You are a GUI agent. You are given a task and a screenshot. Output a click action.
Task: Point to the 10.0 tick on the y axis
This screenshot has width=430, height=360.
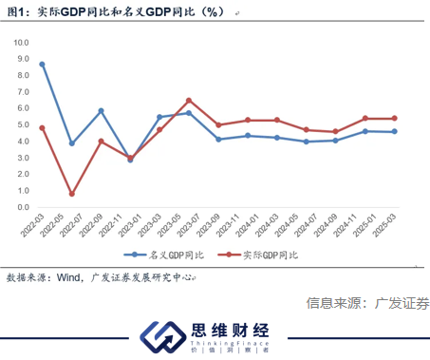click(x=20, y=43)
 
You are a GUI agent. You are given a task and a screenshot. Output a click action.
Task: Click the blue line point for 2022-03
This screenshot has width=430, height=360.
click(x=43, y=65)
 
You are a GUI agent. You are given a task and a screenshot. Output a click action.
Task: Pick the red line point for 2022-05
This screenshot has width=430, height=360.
click(x=72, y=194)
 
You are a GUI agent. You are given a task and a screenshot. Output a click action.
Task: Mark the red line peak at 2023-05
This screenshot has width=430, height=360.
click(x=189, y=100)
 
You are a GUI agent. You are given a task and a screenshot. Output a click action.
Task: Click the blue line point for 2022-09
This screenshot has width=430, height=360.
click(x=101, y=111)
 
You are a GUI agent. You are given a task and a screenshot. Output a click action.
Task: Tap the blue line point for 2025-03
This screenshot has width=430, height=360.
click(x=393, y=132)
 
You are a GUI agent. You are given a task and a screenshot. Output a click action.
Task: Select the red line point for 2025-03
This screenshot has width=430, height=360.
click(x=393, y=119)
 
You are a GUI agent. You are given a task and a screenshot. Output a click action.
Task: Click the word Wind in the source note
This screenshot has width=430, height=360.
click(x=71, y=278)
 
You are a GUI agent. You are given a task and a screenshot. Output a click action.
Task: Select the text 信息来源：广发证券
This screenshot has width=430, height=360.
click(x=366, y=304)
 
